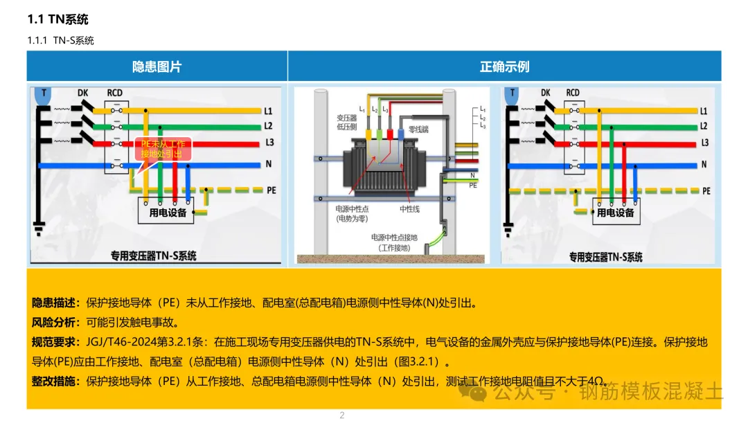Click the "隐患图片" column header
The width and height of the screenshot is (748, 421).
coord(157,66)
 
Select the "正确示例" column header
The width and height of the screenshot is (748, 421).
coord(504,66)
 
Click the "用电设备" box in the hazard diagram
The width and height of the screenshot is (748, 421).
coord(168,213)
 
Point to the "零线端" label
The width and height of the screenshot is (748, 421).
coord(420,129)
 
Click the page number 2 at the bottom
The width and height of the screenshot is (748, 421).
coord(341,415)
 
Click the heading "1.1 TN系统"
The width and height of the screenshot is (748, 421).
coord(58,19)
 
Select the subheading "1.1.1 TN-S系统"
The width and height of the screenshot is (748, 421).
coord(61,40)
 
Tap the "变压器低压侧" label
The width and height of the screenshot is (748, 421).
coord(346,123)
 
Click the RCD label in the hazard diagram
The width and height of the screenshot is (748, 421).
coord(115,93)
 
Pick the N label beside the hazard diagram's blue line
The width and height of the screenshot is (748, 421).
coord(268,165)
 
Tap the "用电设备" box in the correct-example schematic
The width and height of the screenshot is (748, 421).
coord(615,213)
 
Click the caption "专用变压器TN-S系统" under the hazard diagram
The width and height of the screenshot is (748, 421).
coord(154,256)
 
